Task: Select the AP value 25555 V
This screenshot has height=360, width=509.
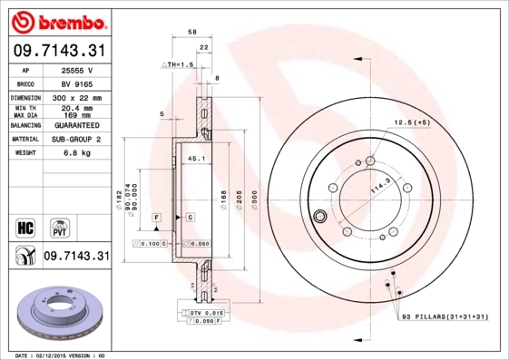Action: tap(75, 70)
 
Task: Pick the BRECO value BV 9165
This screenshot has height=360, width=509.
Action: tap(75, 83)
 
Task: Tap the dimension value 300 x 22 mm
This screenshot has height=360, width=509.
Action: tap(75, 97)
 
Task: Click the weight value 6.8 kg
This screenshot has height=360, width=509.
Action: tap(75, 153)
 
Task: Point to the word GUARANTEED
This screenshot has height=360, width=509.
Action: tap(75, 125)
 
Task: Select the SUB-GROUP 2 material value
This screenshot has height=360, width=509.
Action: tap(75, 140)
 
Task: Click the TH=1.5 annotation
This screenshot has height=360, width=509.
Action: tap(181, 65)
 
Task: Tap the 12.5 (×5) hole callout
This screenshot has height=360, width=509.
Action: tap(410, 122)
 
